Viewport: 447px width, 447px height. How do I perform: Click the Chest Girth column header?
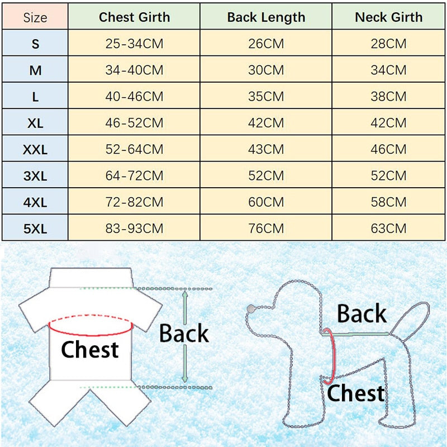(134, 17)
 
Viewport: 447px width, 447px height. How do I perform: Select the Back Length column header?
(266, 17)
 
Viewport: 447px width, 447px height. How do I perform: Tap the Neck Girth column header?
(389, 17)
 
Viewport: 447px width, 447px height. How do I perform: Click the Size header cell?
(35, 18)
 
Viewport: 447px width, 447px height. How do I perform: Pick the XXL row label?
(35, 150)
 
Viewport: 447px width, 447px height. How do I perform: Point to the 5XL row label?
(35, 229)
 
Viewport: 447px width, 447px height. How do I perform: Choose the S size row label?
(35, 44)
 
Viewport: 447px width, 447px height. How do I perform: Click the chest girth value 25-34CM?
(134, 44)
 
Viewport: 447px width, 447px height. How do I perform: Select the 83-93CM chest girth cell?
(134, 229)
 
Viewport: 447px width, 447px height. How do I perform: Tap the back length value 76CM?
(266, 229)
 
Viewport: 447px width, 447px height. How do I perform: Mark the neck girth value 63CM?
(389, 229)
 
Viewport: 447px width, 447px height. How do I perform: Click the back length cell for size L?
(266, 97)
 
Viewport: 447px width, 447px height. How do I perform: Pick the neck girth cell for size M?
(389, 70)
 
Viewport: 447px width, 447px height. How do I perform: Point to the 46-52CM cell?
(134, 123)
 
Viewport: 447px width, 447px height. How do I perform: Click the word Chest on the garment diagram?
(89, 350)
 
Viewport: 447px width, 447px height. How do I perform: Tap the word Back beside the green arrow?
(184, 334)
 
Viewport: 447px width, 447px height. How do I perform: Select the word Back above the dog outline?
(362, 314)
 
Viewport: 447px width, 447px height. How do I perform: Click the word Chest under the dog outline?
(356, 393)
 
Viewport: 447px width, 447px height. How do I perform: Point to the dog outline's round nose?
(250, 308)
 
